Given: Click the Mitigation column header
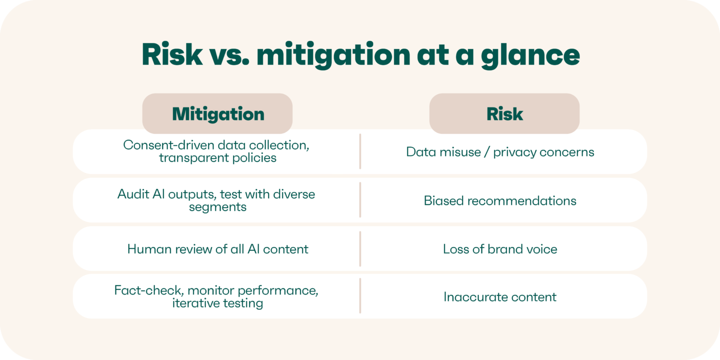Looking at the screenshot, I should (x=217, y=114).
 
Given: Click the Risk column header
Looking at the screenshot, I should (x=504, y=114).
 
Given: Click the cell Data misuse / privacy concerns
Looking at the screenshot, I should (x=500, y=152).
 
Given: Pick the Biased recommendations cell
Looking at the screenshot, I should (x=500, y=200).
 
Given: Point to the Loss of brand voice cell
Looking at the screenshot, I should (x=500, y=249).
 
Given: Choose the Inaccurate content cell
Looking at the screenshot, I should (x=500, y=297).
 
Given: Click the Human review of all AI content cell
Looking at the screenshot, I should (x=217, y=249).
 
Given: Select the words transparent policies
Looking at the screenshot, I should (x=217, y=158).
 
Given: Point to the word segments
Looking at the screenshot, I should (x=217, y=207).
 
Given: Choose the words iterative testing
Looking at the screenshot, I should (x=217, y=303).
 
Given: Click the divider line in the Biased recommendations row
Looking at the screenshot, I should (x=360, y=200).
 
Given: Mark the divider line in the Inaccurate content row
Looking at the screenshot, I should (x=360, y=296).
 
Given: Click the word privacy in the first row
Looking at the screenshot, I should (x=514, y=152).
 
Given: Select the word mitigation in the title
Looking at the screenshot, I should (x=332, y=55).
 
